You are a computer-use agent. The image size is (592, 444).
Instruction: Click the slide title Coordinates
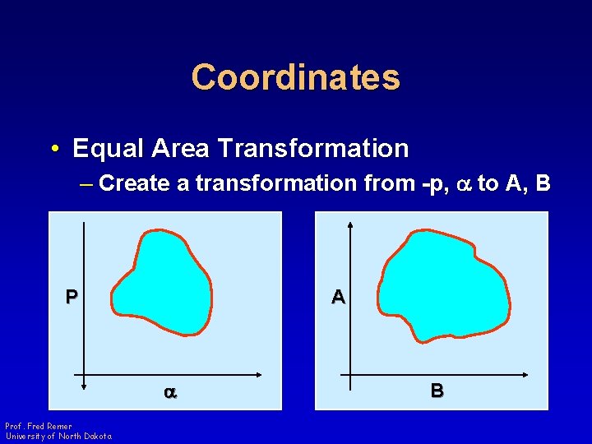[x=296, y=77]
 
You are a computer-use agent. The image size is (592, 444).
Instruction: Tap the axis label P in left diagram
[x=72, y=297]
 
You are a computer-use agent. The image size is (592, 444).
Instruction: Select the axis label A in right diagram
[x=338, y=297]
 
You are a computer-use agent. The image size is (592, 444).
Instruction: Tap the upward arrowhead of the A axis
[x=351, y=225]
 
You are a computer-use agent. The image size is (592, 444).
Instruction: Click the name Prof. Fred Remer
[x=39, y=426]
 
